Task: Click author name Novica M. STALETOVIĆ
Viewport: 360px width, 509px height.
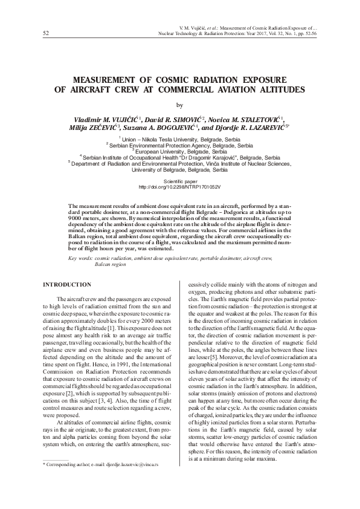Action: pos(251,118)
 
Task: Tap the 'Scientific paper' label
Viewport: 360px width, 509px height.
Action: pos(179,181)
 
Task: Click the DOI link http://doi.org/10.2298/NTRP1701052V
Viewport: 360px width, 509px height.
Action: pos(179,186)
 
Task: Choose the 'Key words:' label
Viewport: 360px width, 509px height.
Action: pos(81,258)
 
